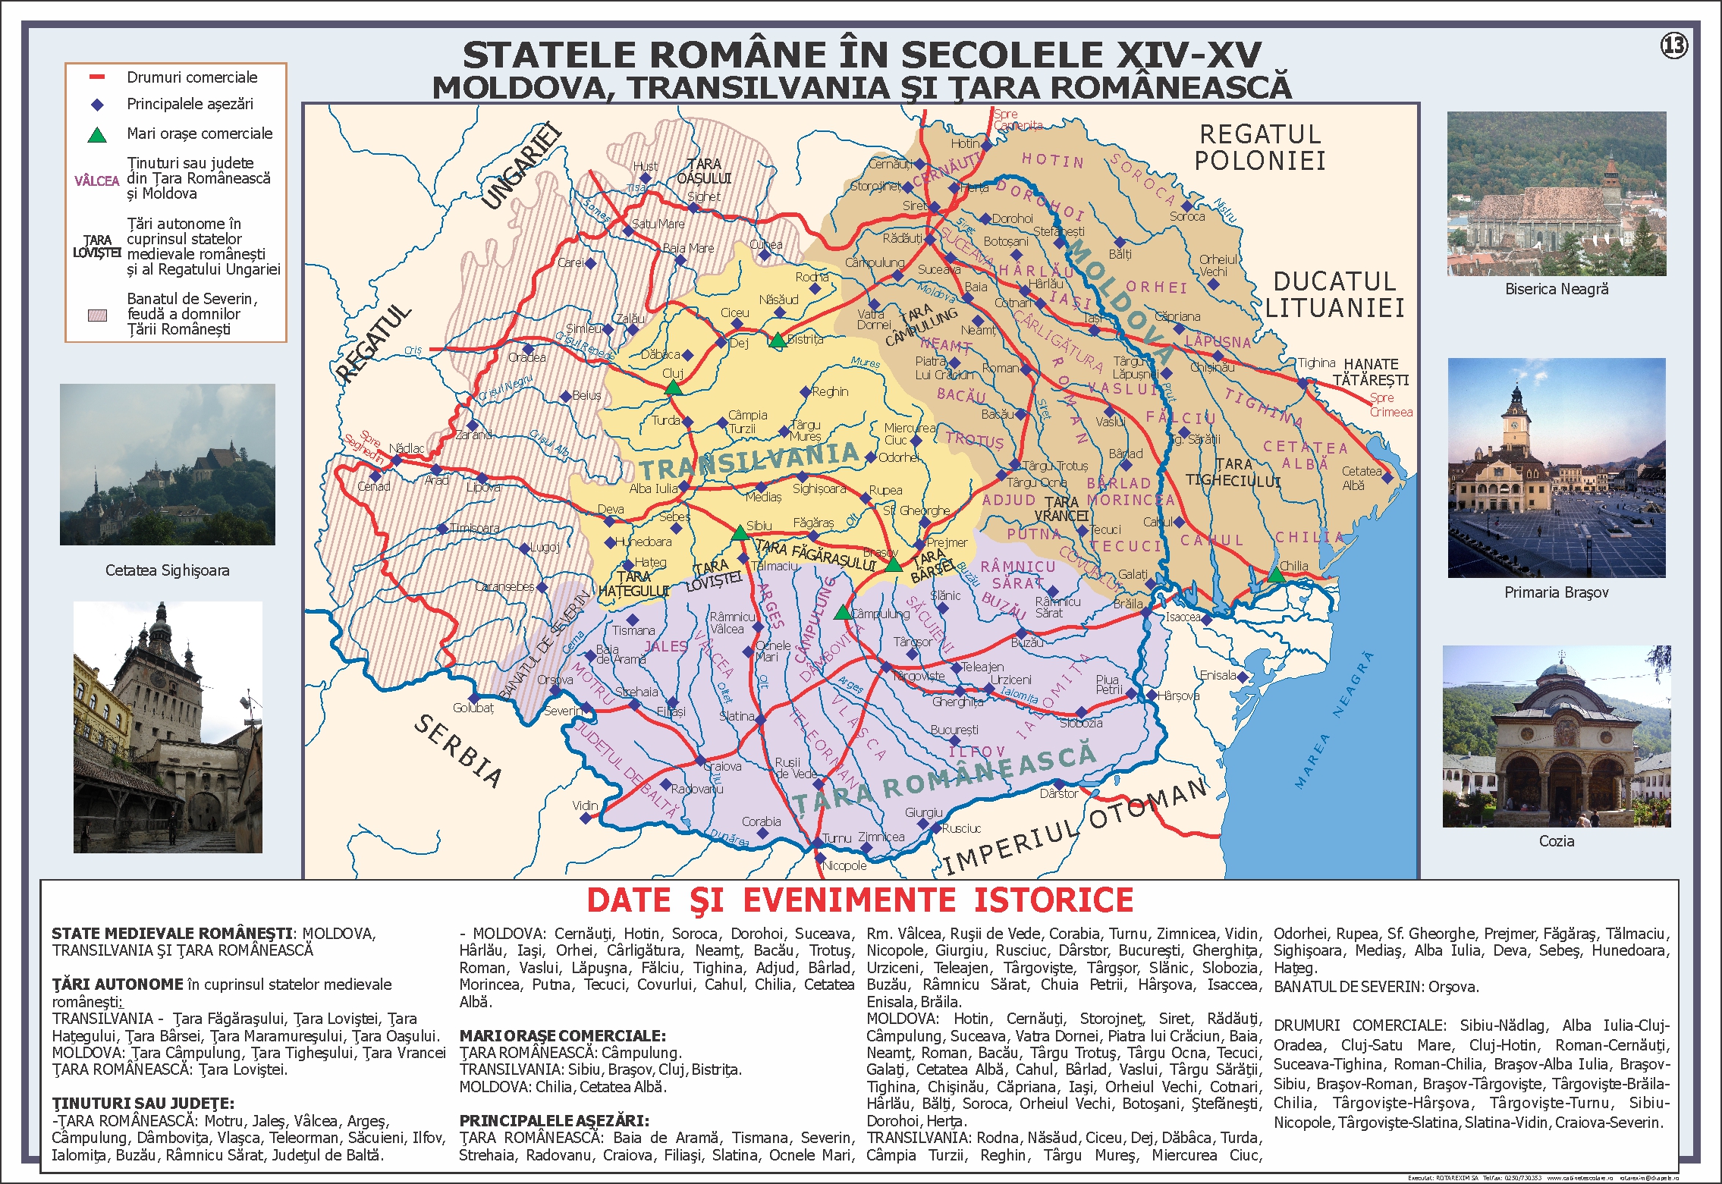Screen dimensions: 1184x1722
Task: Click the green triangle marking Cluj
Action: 673,388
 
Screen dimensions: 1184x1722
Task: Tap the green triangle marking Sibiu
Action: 740,533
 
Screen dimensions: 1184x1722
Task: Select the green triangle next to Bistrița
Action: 778,341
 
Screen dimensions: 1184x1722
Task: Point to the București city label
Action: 954,730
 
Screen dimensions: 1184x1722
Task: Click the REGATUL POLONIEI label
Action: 1260,147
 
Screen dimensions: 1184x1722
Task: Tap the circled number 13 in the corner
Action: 1674,46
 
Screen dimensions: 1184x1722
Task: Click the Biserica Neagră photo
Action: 1556,193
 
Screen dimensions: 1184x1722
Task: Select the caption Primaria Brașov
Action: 1556,592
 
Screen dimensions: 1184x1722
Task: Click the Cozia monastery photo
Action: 1556,736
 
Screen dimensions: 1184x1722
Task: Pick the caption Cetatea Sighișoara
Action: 167,570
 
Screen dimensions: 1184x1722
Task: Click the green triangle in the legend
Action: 97,135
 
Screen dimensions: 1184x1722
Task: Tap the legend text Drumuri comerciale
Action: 192,77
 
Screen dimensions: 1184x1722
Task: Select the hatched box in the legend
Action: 97,315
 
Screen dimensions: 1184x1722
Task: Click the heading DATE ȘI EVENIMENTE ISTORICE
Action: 859,900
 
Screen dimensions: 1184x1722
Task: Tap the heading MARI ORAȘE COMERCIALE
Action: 562,1035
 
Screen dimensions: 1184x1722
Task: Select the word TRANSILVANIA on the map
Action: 749,460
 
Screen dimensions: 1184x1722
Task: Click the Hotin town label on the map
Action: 965,143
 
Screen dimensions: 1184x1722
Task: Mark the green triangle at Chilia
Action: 1276,575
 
